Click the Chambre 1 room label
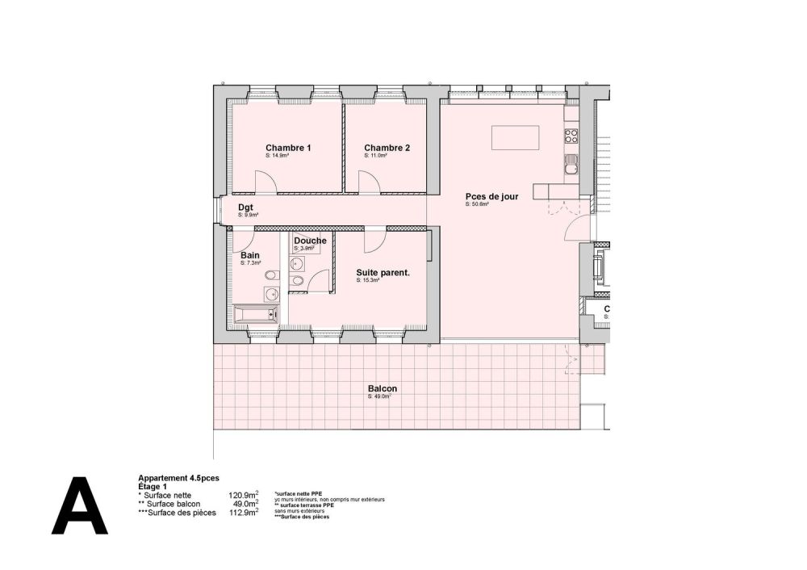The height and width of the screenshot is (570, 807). tap(288, 148)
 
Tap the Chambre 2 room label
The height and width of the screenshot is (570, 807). tap(387, 148)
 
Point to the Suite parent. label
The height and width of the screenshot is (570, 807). tap(383, 273)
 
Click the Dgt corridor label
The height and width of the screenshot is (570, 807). tap(245, 207)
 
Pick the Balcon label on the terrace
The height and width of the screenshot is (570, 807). tap(383, 388)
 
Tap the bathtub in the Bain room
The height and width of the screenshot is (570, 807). tap(255, 315)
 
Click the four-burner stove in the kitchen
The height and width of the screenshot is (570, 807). tap(571, 136)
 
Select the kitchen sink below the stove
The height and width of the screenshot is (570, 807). tap(571, 166)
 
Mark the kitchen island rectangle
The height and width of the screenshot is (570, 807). tap(516, 138)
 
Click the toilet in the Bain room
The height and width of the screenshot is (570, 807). tap(270, 278)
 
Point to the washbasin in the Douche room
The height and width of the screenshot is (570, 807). tap(296, 264)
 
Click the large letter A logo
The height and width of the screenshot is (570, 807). tap(80, 506)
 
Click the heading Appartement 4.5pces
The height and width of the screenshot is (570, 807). tap(173, 478)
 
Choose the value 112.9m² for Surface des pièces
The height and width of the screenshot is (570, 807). tap(243, 512)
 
